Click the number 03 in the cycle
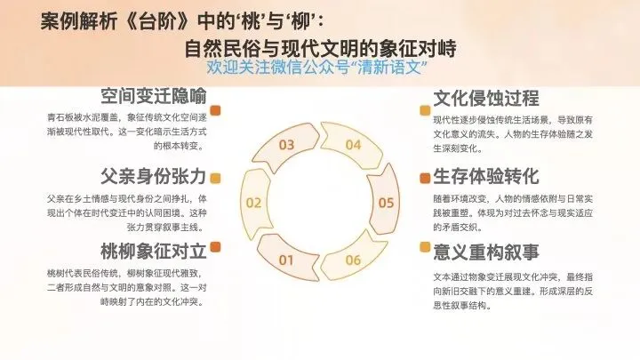click(286, 144)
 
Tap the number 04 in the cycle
click(353, 144)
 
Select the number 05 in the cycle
click(386, 203)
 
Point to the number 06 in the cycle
click(353, 260)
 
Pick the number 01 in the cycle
click(286, 260)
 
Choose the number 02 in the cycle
click(253, 203)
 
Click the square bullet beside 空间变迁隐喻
click(216, 111)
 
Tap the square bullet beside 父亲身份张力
click(216, 178)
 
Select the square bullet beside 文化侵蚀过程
click(424, 111)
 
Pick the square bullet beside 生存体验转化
click(424, 178)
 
